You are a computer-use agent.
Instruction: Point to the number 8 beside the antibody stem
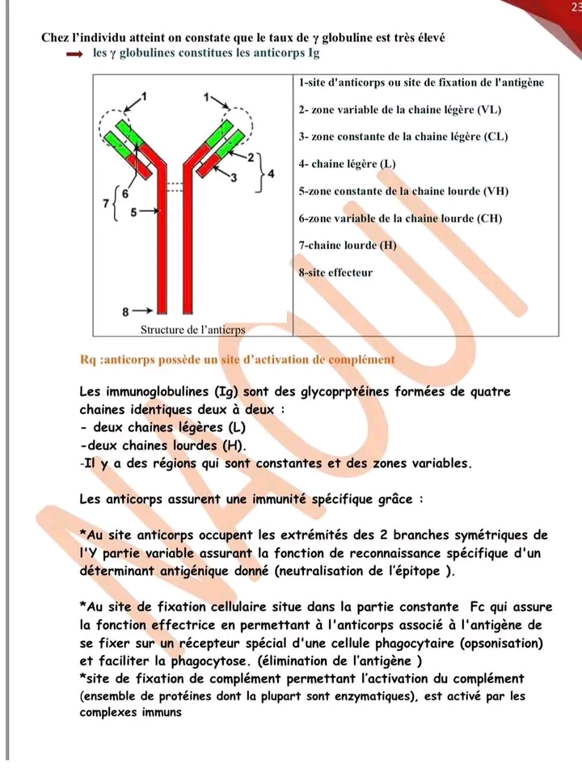[x=125, y=310]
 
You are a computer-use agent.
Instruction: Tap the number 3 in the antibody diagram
[x=234, y=176]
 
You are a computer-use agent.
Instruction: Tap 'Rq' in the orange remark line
[x=89, y=359]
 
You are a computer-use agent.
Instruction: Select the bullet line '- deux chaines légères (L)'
[x=162, y=427]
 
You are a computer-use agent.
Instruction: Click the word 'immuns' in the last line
[x=158, y=712]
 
